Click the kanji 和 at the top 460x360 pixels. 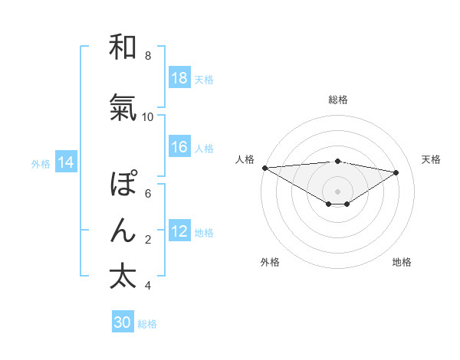click(123, 47)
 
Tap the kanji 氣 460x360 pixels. click(123, 108)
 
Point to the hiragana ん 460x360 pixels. click(123, 231)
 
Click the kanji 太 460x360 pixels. click(123, 277)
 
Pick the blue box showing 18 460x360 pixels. click(179, 78)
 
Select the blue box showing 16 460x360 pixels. click(179, 147)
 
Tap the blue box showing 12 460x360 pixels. click(179, 231)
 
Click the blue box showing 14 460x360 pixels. click(65, 162)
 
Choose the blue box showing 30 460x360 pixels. click(123, 322)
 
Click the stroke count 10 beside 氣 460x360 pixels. click(148, 116)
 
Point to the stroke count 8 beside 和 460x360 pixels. click(148, 55)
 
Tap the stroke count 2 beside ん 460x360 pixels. click(148, 240)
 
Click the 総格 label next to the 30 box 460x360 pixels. click(147, 324)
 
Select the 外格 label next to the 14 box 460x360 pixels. click(41, 163)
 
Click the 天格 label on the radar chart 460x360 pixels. click(431, 159)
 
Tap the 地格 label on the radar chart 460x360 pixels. click(402, 262)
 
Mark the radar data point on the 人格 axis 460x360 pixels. click(264, 167)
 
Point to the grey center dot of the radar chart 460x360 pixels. click(337, 190)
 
